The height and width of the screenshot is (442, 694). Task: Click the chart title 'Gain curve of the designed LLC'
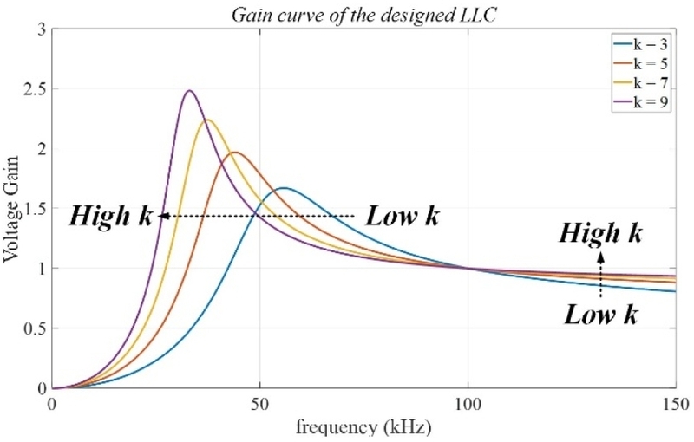362,12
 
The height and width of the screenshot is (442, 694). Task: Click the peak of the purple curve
189,90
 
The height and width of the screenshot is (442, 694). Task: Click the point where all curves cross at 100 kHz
468,268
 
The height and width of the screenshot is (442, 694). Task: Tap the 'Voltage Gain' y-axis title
15,208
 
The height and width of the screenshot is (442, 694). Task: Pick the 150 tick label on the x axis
674,404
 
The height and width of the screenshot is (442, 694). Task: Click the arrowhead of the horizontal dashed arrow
162,215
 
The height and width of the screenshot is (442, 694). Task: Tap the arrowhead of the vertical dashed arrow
599,257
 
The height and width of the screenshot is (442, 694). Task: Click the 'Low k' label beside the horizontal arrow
402,215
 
